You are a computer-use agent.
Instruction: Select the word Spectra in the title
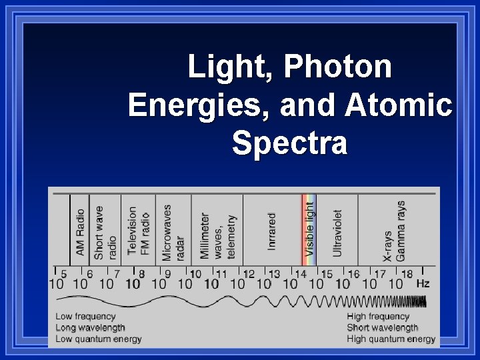(290, 143)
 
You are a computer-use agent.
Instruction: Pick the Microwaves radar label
(173, 231)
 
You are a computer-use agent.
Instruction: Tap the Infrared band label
(272, 231)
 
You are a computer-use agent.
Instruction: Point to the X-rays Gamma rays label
(394, 231)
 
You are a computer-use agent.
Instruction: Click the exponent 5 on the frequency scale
(63, 273)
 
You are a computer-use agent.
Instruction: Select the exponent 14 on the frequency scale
(301, 273)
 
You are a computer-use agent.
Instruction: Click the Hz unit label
(423, 283)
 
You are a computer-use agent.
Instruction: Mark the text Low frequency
(85, 317)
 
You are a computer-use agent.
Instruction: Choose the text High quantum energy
(391, 339)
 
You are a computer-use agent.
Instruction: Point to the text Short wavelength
(382, 327)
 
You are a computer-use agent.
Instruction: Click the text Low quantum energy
(99, 339)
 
